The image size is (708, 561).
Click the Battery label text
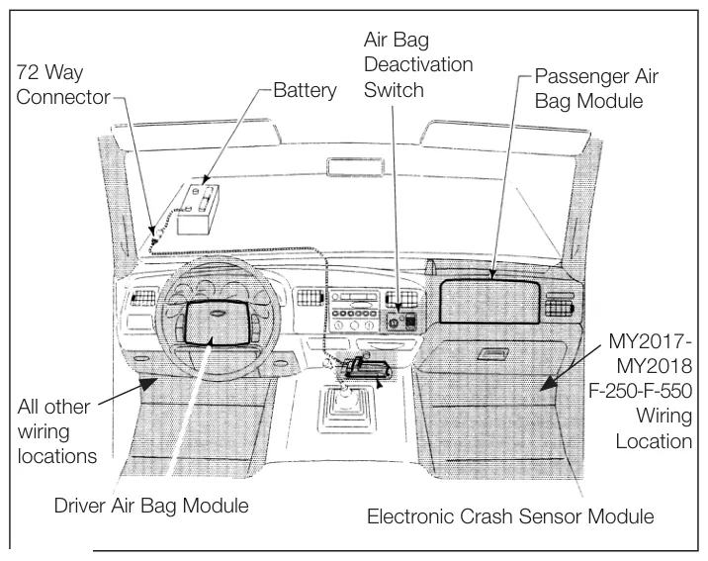pos(305,90)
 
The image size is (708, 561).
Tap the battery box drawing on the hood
pos(199,209)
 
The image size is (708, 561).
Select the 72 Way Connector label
pos(62,84)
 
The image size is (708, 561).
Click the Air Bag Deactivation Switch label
pos(418,64)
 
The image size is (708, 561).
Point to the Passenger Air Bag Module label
pos(596,88)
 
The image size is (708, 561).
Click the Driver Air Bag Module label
pos(151,506)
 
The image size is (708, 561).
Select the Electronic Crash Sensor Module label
pos(510,516)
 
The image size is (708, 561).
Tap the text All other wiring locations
pos(57,431)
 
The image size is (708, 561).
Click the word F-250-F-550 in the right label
pos(641,390)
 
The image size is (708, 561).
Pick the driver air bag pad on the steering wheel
pos(218,323)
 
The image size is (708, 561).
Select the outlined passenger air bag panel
pos(489,302)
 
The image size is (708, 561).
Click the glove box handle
pos(492,353)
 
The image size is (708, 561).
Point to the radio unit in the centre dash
pos(354,312)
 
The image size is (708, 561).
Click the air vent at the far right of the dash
pos(560,306)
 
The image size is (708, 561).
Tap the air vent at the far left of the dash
pos(142,298)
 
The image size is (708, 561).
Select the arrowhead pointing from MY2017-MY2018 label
pos(550,383)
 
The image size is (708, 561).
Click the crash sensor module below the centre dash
pos(367,368)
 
